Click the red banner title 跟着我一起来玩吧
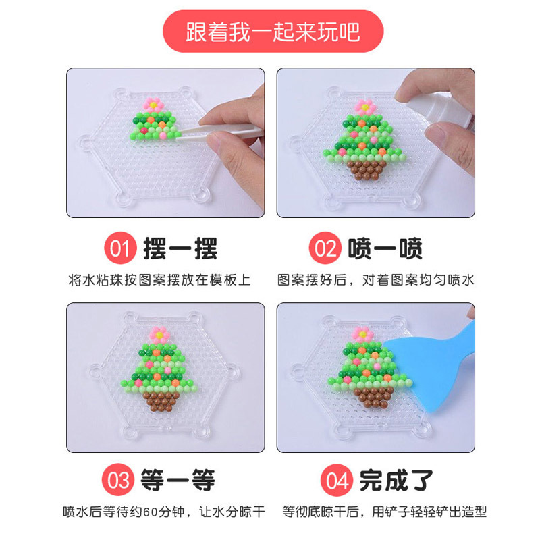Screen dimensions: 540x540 click(x=273, y=31)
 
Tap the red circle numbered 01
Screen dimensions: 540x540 click(x=119, y=249)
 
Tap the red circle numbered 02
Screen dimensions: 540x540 click(x=326, y=249)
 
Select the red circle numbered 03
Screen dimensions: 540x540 click(x=119, y=481)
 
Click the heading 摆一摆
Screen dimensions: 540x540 click(x=180, y=249)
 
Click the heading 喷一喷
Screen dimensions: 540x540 click(x=385, y=249)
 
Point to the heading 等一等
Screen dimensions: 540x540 click(x=178, y=481)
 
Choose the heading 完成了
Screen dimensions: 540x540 click(x=396, y=481)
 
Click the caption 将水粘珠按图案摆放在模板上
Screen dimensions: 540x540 click(x=159, y=280)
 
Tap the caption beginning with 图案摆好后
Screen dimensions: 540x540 click(x=375, y=280)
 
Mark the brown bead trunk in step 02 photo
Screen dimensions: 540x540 click(x=369, y=168)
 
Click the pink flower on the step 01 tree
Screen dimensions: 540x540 click(x=153, y=104)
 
